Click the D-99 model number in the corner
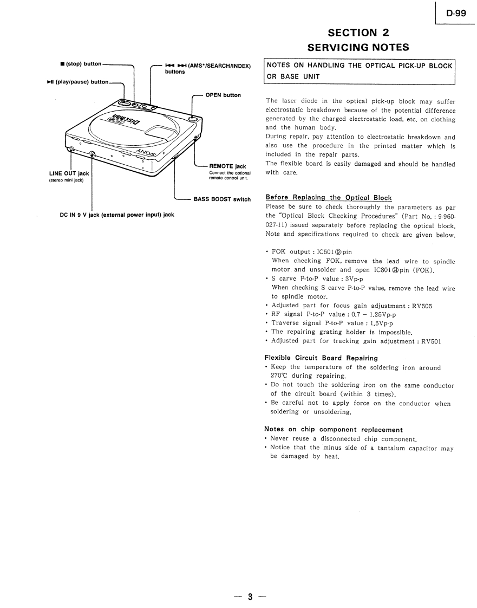[456, 14]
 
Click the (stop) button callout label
[81, 64]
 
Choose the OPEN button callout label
[223, 95]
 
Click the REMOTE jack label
[227, 166]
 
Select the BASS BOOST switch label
[222, 199]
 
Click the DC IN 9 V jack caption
[117, 215]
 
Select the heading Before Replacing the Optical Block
[329, 197]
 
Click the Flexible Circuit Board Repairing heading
[321, 358]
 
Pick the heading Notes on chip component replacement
[334, 429]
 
